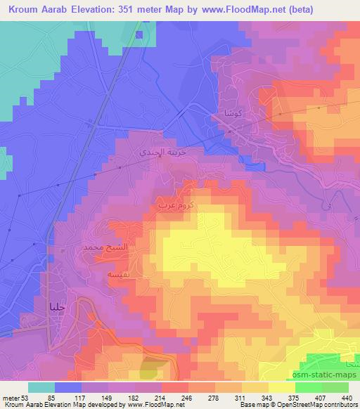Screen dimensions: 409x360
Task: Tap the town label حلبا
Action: coord(58,306)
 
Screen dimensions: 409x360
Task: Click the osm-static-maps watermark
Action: coord(327,375)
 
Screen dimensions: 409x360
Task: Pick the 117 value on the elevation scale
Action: coord(89,397)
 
